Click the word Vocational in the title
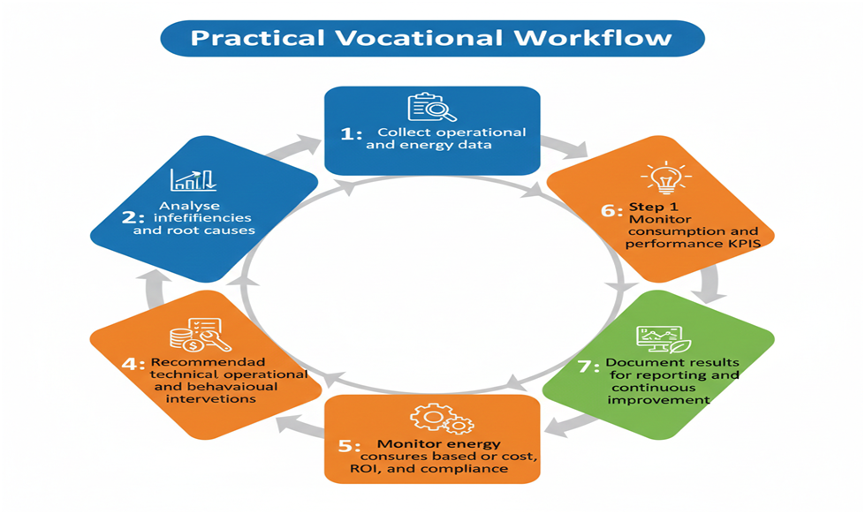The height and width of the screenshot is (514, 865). (x=420, y=38)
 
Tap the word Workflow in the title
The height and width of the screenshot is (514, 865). (x=593, y=38)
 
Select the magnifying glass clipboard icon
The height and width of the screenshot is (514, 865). (x=432, y=107)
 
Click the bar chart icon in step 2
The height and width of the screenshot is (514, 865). (x=193, y=180)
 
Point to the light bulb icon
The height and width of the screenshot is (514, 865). (x=666, y=178)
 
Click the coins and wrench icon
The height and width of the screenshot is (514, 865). (x=200, y=335)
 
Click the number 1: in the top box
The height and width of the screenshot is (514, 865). (x=352, y=134)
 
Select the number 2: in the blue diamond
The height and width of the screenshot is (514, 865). (x=133, y=217)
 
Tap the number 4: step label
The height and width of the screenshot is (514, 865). (x=133, y=364)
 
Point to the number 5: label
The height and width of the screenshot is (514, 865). (x=349, y=446)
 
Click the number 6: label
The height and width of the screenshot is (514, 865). (x=611, y=210)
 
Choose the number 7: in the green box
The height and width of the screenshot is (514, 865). (x=588, y=367)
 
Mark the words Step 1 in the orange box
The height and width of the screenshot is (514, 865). (x=654, y=207)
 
